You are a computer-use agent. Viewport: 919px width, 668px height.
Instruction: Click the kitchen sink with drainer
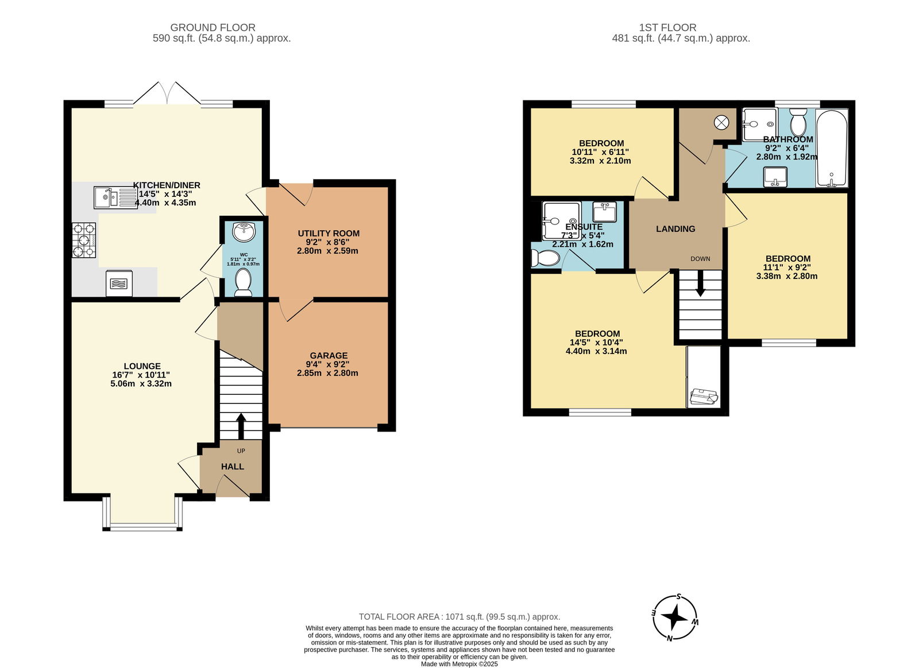[x=115, y=197]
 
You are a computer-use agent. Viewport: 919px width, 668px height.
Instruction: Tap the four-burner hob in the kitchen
[x=84, y=240]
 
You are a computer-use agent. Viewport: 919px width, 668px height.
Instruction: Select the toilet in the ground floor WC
[x=243, y=282]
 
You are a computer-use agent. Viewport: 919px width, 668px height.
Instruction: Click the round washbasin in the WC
[x=244, y=231]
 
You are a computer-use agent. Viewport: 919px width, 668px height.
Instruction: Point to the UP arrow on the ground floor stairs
[x=241, y=426]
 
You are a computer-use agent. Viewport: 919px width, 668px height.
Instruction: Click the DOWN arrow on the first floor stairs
[x=700, y=283]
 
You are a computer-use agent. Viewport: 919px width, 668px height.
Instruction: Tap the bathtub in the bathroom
[x=832, y=148]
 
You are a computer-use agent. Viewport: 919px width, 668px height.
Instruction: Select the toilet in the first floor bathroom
[x=798, y=122]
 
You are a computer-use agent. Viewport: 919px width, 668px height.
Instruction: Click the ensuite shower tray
[x=562, y=221]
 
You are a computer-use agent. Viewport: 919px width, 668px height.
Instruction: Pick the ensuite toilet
[x=545, y=258]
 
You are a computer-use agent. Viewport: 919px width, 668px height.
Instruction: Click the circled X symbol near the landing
[x=721, y=122]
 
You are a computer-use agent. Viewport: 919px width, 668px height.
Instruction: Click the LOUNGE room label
[x=142, y=366]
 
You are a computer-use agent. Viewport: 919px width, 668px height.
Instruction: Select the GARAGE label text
[x=329, y=355]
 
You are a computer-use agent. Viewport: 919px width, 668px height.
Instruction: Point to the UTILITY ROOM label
[x=329, y=233]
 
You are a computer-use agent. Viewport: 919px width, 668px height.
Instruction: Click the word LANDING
[x=675, y=228]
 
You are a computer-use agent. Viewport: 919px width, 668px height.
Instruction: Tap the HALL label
[x=233, y=467]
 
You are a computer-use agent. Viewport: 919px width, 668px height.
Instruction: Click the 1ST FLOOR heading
[x=667, y=28]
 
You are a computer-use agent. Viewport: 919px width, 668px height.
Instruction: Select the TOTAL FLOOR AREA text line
[x=459, y=616]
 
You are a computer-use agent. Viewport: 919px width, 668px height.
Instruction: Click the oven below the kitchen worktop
[x=119, y=283]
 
